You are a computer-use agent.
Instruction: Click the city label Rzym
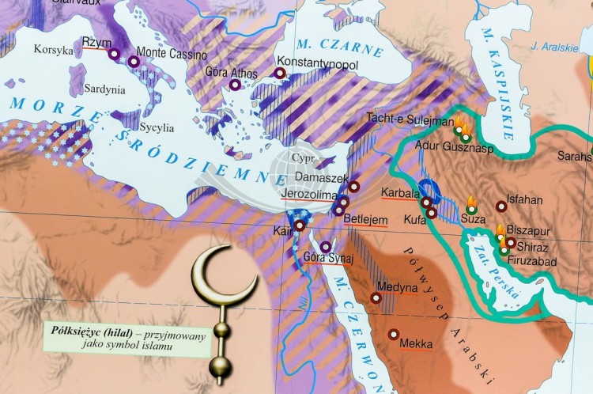point(97,43)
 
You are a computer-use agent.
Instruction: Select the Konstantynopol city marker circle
point(280,74)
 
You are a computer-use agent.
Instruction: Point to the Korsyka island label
point(53,49)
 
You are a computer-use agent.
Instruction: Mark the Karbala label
point(399,193)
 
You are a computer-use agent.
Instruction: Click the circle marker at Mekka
point(393,334)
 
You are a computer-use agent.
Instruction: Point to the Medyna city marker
point(376,299)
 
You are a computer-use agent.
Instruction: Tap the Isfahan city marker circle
point(501,206)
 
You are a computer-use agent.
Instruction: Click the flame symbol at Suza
point(472,201)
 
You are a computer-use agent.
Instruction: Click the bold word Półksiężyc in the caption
point(78,334)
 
